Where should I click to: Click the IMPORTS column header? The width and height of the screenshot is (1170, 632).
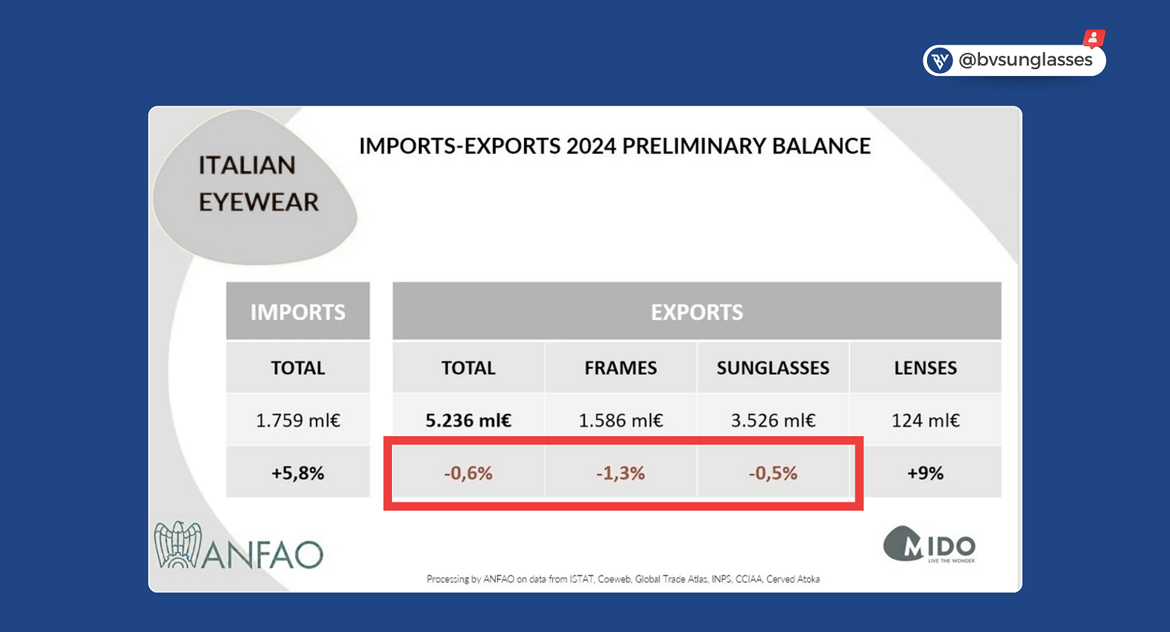click(x=298, y=312)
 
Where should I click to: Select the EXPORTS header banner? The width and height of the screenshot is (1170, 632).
click(x=697, y=312)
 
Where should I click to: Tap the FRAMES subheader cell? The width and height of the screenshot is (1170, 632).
click(x=621, y=368)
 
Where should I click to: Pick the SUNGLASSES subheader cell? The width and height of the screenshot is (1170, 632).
click(x=773, y=368)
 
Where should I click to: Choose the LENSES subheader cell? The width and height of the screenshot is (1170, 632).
click(x=926, y=368)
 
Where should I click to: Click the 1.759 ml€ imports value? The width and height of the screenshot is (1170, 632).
click(x=298, y=421)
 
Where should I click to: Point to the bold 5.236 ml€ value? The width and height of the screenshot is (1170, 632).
click(x=468, y=421)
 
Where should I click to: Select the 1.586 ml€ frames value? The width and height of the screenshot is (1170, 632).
click(x=621, y=421)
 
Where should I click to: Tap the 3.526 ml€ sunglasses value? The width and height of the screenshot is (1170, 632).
click(x=773, y=421)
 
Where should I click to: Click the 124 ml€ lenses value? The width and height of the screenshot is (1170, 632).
click(x=926, y=421)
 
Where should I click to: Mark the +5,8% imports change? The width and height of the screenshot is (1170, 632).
click(x=298, y=473)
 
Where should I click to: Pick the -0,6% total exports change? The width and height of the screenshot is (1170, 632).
click(x=468, y=473)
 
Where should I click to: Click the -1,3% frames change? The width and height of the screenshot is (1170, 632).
click(x=621, y=473)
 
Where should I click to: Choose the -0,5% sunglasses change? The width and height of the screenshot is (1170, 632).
click(x=773, y=473)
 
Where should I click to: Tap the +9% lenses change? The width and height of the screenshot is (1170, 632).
click(x=926, y=473)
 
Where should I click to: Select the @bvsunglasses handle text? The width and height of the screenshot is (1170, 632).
click(x=1025, y=60)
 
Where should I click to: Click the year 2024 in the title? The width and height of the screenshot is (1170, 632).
click(x=592, y=146)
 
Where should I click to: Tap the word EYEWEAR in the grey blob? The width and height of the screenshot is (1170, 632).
click(x=259, y=202)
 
